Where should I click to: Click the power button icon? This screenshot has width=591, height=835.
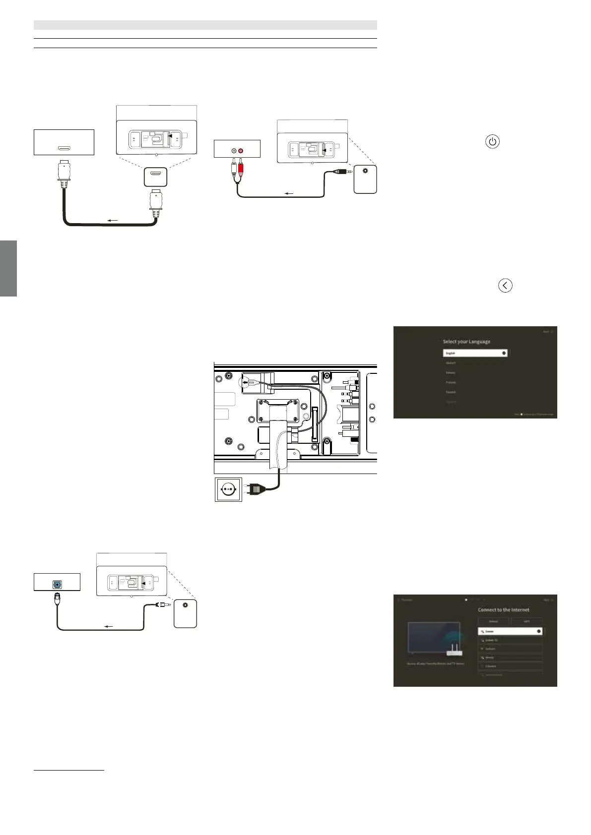click(492, 142)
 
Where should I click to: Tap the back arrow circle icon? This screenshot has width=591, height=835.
click(505, 286)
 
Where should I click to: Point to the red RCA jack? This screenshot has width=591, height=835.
click(241, 150)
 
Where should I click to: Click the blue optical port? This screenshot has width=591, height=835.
click(58, 584)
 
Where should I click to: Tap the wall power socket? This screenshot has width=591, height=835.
click(228, 489)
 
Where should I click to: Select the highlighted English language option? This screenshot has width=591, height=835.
click(475, 353)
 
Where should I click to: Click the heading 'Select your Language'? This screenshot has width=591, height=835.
click(466, 342)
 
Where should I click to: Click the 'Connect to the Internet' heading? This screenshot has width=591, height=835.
click(503, 610)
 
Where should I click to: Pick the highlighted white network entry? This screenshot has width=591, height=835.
click(510, 632)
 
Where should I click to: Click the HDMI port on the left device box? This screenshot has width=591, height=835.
click(64, 148)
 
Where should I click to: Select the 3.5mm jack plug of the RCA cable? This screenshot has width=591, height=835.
click(342, 172)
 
